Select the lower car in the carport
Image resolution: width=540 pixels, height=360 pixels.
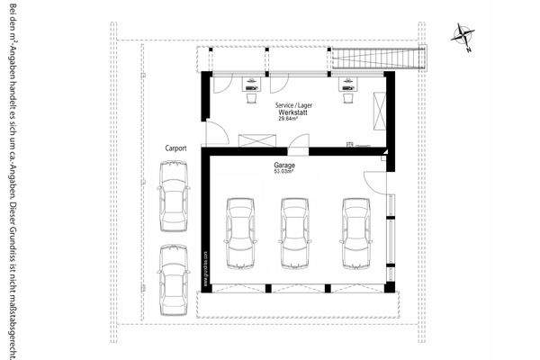(173, 278)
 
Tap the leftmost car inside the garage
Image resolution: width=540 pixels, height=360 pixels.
(240, 232)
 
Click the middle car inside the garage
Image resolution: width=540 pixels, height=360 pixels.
(295, 232)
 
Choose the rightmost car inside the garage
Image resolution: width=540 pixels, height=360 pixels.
(355, 232)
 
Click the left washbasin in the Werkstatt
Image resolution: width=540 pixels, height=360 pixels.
(249, 88)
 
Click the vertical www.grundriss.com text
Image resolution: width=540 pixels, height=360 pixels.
(206, 267)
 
